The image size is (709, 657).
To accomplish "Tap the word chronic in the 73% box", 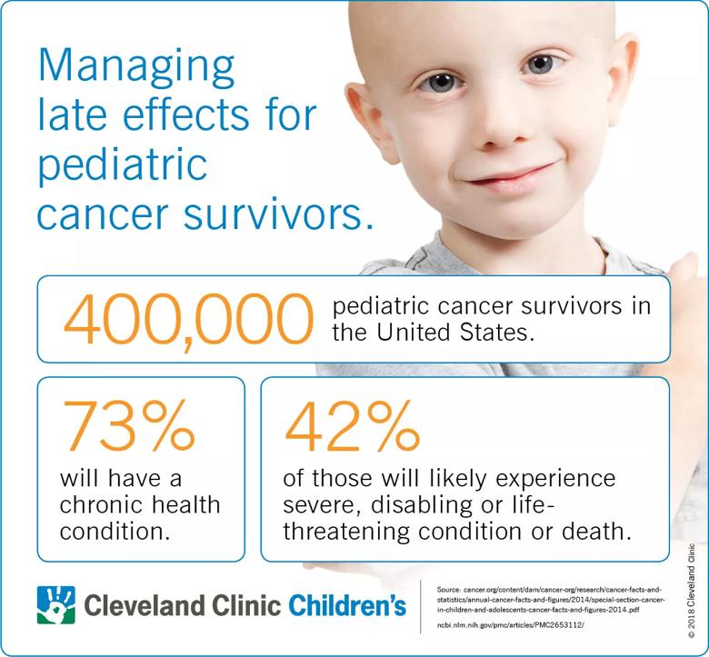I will pos(96,504).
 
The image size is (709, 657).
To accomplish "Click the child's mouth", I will pos(510,174).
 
